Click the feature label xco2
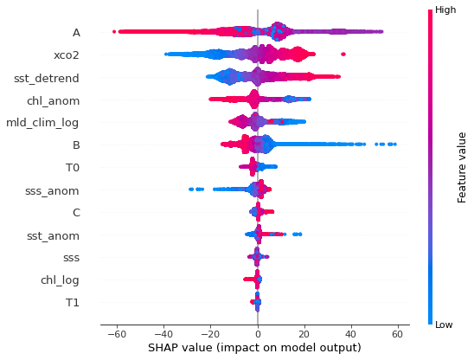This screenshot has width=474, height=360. [67, 55]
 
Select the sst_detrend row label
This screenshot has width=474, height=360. [47, 78]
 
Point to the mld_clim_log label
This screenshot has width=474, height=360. [43, 123]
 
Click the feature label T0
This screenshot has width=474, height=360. [73, 167]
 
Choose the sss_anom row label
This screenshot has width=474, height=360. [54, 190]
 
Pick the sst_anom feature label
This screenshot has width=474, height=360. [54, 235]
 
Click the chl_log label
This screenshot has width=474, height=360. [60, 280]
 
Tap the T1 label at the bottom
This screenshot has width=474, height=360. [73, 302]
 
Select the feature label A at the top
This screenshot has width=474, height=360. [76, 33]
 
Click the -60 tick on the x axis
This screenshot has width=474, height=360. [116, 333]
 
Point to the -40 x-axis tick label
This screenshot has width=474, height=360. [163, 333]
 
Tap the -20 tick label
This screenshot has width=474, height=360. [209, 333]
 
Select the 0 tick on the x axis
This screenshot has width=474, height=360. [258, 333]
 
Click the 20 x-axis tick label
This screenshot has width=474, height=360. [304, 333]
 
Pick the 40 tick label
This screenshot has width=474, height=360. [351, 333]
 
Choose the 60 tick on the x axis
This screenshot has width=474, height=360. [398, 333]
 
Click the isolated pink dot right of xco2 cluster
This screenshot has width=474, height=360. [343, 55]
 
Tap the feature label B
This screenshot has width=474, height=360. [76, 145]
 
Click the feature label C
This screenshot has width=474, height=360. [76, 212]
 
